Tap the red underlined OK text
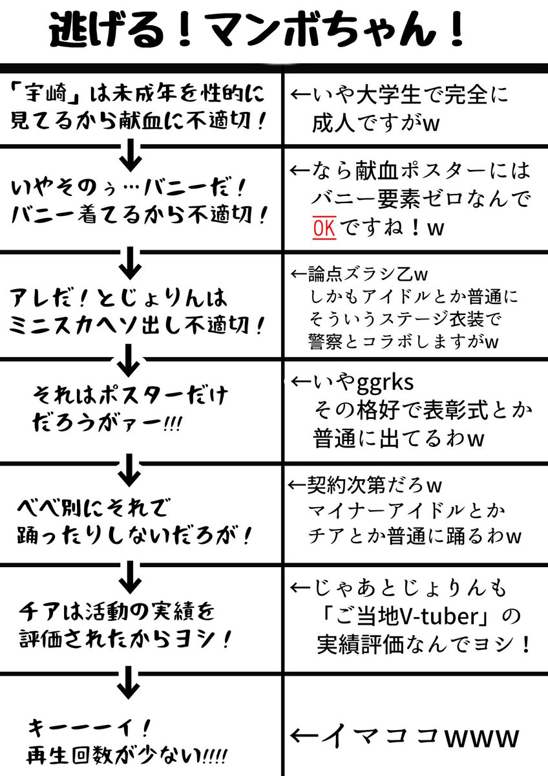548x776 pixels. (323, 229)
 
